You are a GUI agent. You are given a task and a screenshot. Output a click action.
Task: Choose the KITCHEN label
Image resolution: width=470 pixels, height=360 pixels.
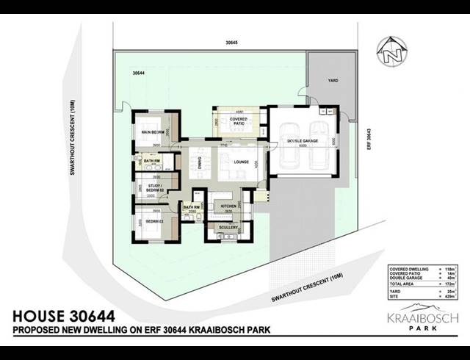coord(228,206)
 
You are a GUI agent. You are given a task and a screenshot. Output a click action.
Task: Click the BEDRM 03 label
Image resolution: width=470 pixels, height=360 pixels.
coord(154,220)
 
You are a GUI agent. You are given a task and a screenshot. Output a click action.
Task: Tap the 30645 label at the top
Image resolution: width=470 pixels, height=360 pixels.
coord(233,43)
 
